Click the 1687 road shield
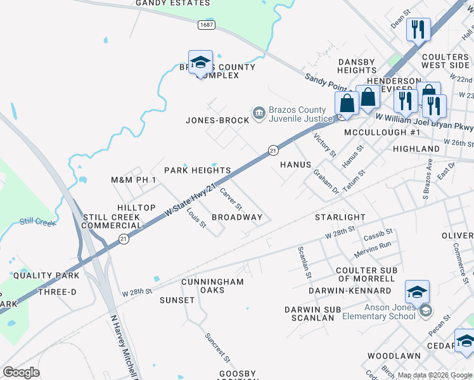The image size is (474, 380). tap(206, 25)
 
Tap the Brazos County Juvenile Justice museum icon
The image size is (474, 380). tap(259, 113)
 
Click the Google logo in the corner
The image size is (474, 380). tap(21, 372)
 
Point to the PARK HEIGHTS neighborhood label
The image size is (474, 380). tap(197, 170)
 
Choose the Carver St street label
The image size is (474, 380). tap(231, 198)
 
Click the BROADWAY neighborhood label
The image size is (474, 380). tap(237, 217)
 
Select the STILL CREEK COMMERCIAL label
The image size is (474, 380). tap(111, 221)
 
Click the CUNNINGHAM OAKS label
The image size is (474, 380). tap(212, 286)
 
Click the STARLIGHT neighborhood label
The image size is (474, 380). tap(340, 217)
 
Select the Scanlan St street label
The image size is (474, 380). tap(304, 262)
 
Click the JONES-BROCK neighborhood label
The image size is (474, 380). tap(217, 120)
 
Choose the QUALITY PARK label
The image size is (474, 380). tap(46, 275)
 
